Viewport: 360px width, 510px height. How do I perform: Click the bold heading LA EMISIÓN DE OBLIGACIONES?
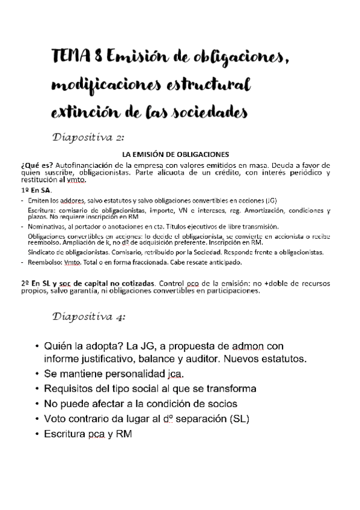point(175,153)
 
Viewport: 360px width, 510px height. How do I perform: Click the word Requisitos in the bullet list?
point(69,389)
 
